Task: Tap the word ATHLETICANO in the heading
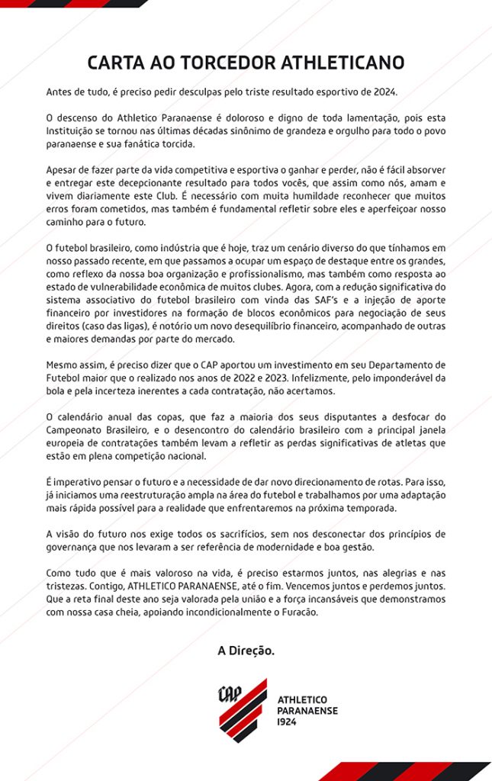343,63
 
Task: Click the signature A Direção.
246,651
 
